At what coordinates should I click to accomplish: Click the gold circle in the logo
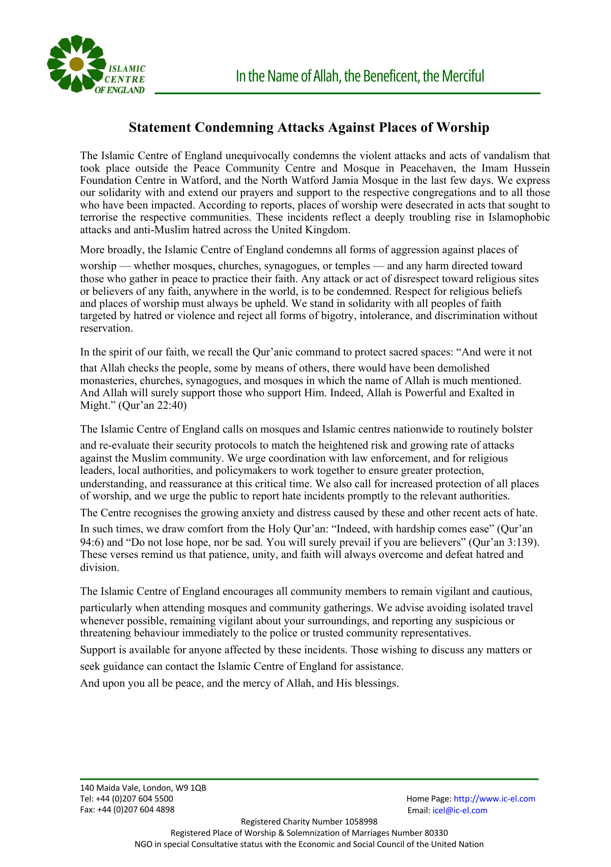click(x=76, y=64)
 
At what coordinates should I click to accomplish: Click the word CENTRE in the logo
click(x=125, y=79)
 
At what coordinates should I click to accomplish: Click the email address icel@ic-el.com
click(x=460, y=810)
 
